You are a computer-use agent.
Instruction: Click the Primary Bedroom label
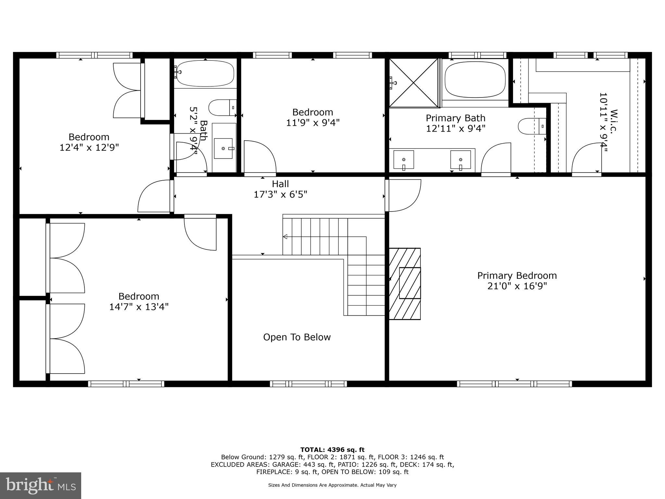[x=517, y=275]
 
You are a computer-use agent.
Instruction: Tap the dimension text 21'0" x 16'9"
[x=517, y=286]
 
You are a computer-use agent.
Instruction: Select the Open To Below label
[x=297, y=337]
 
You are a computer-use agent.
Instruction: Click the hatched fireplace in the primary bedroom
[x=405, y=284]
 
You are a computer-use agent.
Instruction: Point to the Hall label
[x=280, y=184]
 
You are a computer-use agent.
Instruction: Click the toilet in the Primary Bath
[x=531, y=126]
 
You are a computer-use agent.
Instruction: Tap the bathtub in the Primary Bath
[x=475, y=80]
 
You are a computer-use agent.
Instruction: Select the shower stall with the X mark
[x=414, y=83]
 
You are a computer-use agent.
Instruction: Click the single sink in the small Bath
[x=223, y=148]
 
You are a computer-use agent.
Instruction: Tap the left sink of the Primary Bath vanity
[x=404, y=160]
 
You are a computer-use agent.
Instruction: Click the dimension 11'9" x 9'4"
[x=313, y=123]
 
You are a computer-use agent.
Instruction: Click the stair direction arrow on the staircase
[x=285, y=237]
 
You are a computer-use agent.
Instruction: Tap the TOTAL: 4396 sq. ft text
[x=332, y=450]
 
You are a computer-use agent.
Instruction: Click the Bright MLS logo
[x=41, y=485]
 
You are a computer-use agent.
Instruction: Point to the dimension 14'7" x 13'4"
[x=139, y=307]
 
